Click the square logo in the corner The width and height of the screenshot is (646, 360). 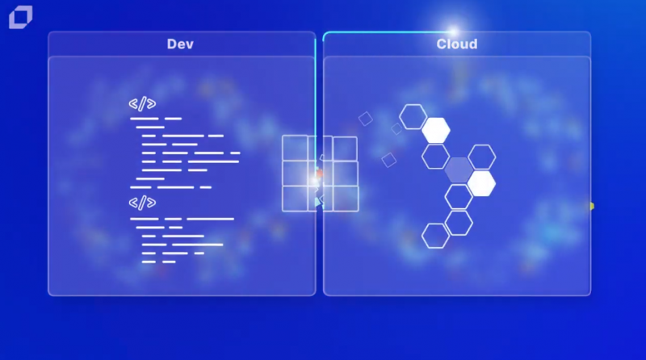tap(21, 17)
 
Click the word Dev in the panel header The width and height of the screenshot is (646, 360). tap(180, 44)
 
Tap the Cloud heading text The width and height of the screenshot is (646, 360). tap(457, 44)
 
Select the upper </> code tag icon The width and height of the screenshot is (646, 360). tap(142, 104)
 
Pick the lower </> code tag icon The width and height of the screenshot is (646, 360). tap(142, 203)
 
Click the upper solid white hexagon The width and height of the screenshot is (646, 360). tap(436, 130)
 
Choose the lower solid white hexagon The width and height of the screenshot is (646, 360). tap(481, 184)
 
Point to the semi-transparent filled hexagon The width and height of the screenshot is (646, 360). tap(459, 170)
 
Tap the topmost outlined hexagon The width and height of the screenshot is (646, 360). tap(413, 117)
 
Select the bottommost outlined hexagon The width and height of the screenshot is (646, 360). tap(435, 236)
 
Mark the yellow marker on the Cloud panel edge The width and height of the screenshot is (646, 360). tap(592, 206)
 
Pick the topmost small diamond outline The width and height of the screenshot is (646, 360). tap(366, 119)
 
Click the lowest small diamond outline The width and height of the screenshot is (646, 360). tap(388, 161)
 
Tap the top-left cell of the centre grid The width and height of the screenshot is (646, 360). tap(295, 149)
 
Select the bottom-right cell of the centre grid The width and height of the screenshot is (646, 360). tap(346, 199)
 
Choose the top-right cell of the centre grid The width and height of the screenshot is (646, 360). tap(345, 149)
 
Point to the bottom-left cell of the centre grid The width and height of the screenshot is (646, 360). tap(295, 199)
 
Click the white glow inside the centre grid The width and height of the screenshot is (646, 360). tap(314, 180)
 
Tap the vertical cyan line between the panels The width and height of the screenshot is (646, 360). tap(316, 103)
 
